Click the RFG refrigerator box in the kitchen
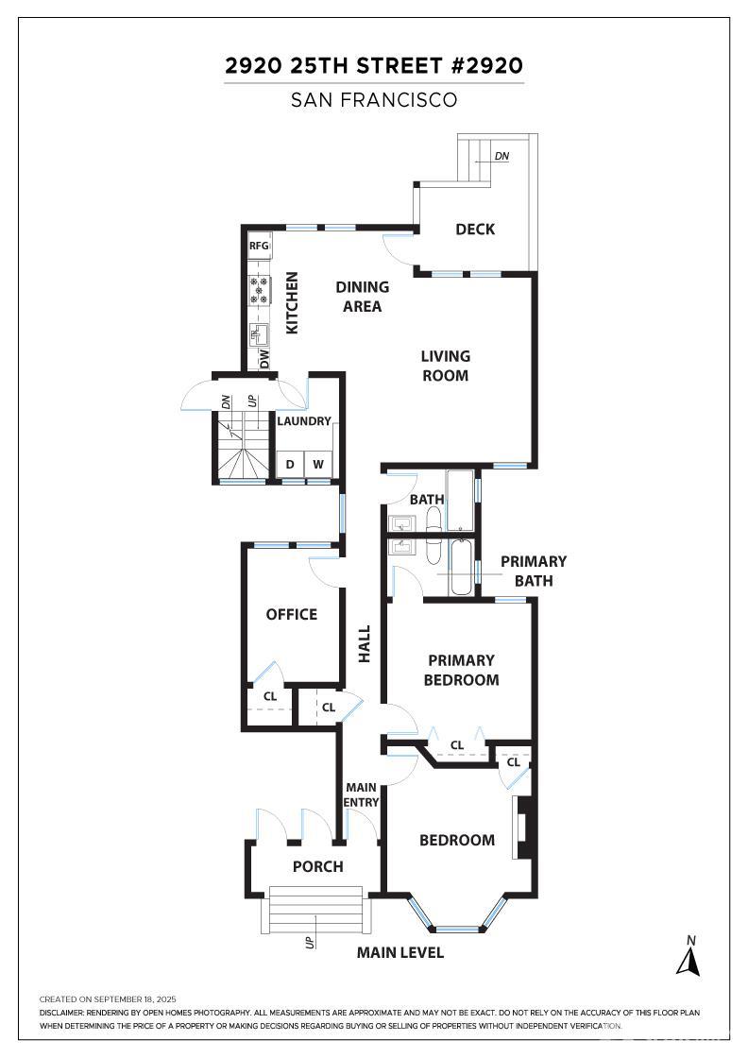click(x=260, y=246)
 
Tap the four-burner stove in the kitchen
click(x=259, y=290)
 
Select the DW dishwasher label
click(x=263, y=358)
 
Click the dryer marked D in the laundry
click(x=290, y=464)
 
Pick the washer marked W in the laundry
click(x=317, y=464)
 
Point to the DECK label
click(x=475, y=230)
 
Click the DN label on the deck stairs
click(x=501, y=156)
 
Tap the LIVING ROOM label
click(x=445, y=366)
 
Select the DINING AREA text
click(x=363, y=297)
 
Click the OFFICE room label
click(x=292, y=614)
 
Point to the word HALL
click(x=365, y=644)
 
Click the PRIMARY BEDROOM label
click(x=461, y=670)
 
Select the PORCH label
click(x=317, y=866)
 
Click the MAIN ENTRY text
click(x=362, y=794)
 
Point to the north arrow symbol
click(x=688, y=958)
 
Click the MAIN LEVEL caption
click(x=399, y=953)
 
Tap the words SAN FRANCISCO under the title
click(x=374, y=100)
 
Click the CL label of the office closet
click(x=270, y=696)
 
